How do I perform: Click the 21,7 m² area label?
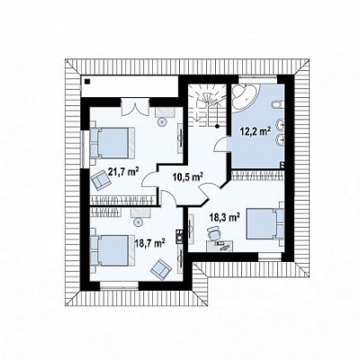(123, 172)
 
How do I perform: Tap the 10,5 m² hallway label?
(188, 177)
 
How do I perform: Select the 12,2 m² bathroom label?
(256, 131)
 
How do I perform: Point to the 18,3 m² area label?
(225, 217)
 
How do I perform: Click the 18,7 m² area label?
(150, 242)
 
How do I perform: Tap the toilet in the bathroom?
(276, 104)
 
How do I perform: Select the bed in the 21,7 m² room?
(112, 142)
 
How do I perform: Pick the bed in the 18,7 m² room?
(112, 250)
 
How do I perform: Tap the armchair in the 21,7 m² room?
(101, 180)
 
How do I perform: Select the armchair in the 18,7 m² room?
(160, 269)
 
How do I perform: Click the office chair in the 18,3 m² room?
(213, 233)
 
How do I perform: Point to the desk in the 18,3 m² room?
(220, 246)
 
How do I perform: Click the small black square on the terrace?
(87, 81)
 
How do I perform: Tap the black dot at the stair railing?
(217, 126)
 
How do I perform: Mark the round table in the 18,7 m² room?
(138, 222)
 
